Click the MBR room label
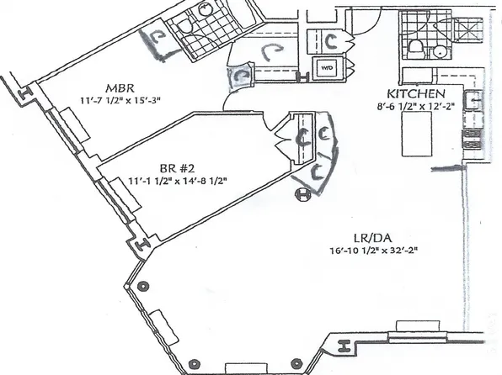(120, 87)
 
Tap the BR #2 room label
(177, 168)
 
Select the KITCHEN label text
(416, 93)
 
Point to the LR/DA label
(373, 238)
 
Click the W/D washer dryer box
(327, 68)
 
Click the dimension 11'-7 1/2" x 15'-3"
(120, 100)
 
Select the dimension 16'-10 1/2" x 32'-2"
(374, 251)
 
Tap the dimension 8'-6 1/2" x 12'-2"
(416, 106)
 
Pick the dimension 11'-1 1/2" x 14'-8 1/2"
(178, 181)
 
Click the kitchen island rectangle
(417, 135)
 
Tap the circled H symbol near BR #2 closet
(302, 195)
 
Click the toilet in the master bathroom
(185, 25)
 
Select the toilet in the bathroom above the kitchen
(415, 49)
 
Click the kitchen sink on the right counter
(473, 100)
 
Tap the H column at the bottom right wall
(344, 346)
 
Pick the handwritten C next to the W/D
(331, 41)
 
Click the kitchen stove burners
(473, 139)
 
